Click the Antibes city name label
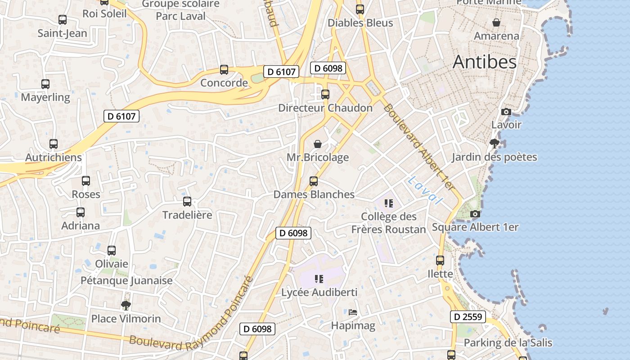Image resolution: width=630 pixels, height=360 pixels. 485,62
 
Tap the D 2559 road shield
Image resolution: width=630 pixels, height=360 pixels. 468,317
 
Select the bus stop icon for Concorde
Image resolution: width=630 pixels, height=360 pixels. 224,70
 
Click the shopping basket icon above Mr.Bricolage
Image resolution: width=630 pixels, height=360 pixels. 318,144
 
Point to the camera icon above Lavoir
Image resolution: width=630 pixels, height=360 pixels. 506,112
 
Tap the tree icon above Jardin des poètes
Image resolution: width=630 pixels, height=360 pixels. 494,144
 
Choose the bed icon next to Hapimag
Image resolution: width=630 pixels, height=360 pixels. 353,312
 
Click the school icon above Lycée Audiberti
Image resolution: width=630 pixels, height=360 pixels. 319,279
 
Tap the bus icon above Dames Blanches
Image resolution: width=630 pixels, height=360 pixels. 314,181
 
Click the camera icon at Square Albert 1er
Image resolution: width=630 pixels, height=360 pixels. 475,214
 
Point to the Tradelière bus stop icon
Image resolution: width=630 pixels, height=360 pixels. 187,202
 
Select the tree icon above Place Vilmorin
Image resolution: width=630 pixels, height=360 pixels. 126,306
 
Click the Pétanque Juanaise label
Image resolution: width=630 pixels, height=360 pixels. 126,280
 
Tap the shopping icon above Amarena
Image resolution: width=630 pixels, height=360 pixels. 496,22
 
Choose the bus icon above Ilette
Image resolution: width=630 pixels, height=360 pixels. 440,261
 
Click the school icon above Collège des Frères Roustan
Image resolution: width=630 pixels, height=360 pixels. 389,203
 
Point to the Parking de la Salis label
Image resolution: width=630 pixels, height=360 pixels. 508,342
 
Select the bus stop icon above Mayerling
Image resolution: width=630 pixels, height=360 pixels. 45,84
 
